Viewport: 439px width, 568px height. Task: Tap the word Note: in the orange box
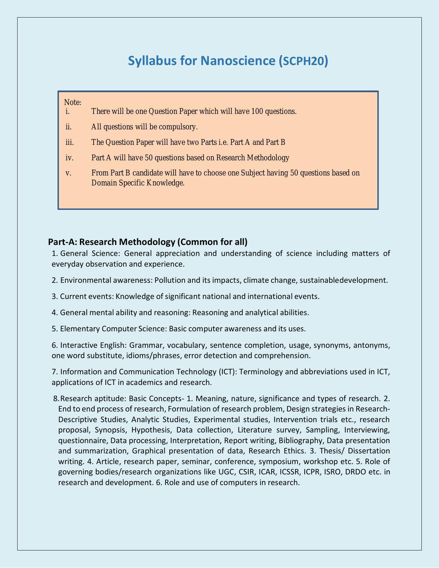pyautogui.click(x=73, y=103)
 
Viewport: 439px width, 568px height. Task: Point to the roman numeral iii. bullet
pyautogui.click(x=70, y=142)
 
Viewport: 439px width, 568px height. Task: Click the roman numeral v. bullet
pyautogui.click(x=68, y=173)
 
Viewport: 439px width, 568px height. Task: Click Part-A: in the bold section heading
pyautogui.click(x=63, y=242)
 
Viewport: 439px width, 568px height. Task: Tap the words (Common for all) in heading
pyautogui.click(x=212, y=242)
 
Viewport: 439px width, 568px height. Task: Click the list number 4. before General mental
pyautogui.click(x=55, y=313)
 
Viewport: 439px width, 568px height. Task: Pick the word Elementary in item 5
pyautogui.click(x=80, y=329)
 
